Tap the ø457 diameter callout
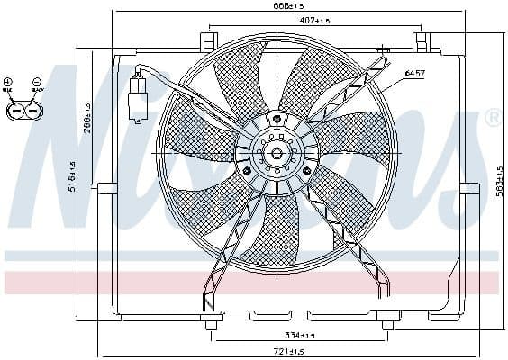tap(414, 72)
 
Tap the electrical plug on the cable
tap(138, 99)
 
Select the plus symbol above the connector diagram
tap(8, 83)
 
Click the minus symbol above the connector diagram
tap(37, 83)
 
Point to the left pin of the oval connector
tap(16, 112)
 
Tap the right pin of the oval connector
tap(33, 112)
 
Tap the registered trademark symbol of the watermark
tap(493, 117)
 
